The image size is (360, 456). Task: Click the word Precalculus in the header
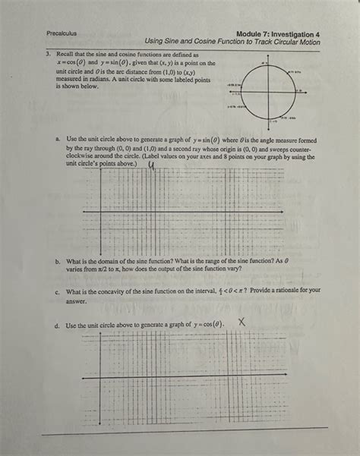[62, 34]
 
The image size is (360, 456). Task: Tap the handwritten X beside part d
[242, 322]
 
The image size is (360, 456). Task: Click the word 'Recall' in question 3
[68, 55]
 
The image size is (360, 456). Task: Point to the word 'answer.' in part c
[77, 300]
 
